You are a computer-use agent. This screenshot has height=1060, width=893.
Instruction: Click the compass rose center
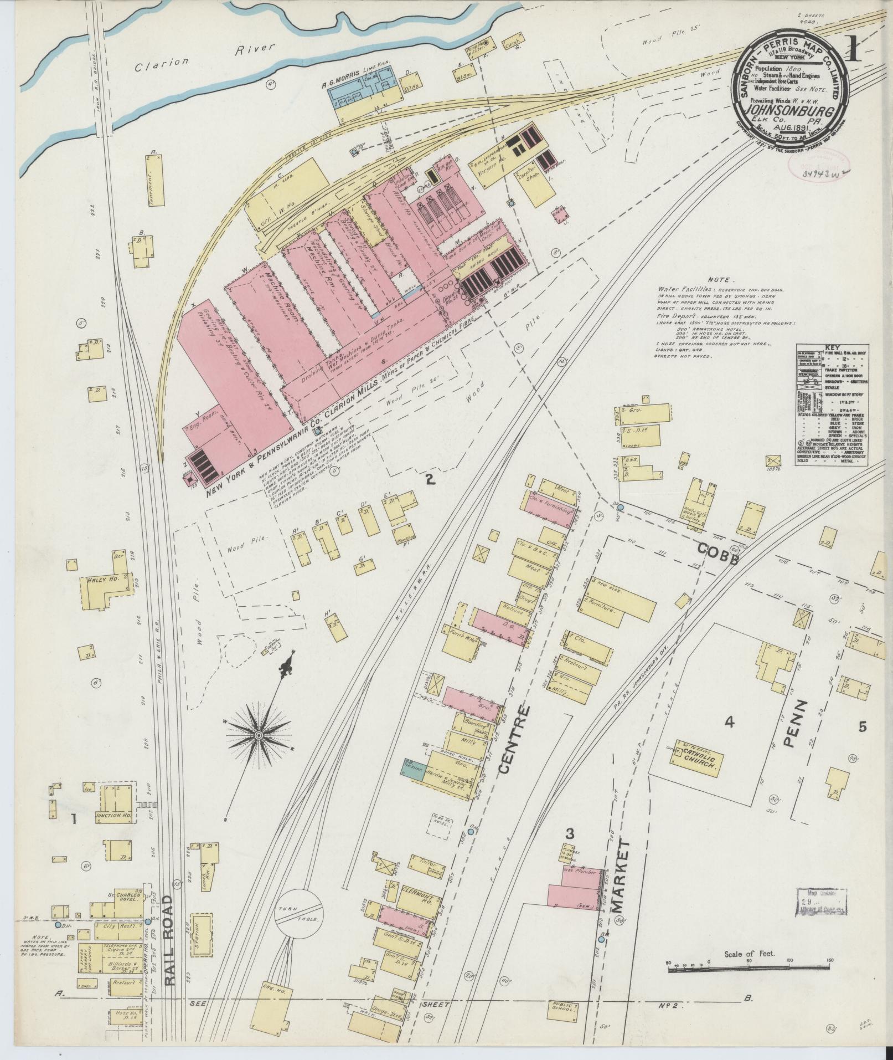259,735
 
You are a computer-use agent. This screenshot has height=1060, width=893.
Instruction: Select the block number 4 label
730,721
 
